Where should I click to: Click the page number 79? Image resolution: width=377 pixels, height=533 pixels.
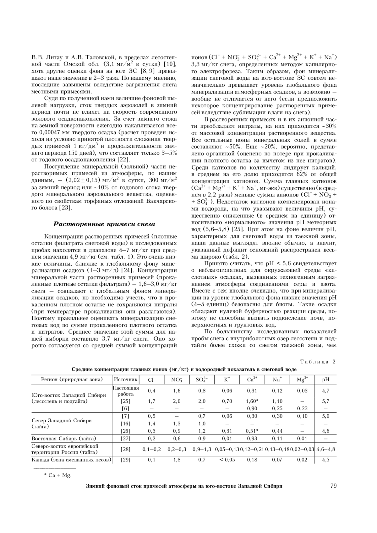[x=333, y=486]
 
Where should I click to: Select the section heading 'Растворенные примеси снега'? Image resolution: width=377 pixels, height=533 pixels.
[x=104, y=224]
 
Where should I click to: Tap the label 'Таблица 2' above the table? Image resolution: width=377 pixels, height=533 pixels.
[x=318, y=362]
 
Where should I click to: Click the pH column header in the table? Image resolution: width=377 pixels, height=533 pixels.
[x=325, y=379]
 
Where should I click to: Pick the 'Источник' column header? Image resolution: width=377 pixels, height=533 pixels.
[x=126, y=379]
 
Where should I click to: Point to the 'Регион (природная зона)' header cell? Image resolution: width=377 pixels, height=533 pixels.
[x=72, y=379]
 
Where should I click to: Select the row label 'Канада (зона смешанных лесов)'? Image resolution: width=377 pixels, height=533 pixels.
[x=72, y=460]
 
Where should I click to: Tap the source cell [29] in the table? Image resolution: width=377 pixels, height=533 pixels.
[x=126, y=460]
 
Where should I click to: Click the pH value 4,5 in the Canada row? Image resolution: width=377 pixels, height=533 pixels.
[x=325, y=460]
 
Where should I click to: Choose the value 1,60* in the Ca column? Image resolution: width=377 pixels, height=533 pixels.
[x=252, y=401]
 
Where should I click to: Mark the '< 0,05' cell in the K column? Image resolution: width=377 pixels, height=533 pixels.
[x=227, y=460]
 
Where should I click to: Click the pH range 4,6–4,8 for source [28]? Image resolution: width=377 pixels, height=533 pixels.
[x=325, y=449]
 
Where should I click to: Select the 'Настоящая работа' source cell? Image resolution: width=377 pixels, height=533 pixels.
[x=126, y=391]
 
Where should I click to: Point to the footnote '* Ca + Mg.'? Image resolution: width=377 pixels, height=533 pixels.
[x=57, y=475]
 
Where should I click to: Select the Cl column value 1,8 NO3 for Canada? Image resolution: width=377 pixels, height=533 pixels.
[x=177, y=460]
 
